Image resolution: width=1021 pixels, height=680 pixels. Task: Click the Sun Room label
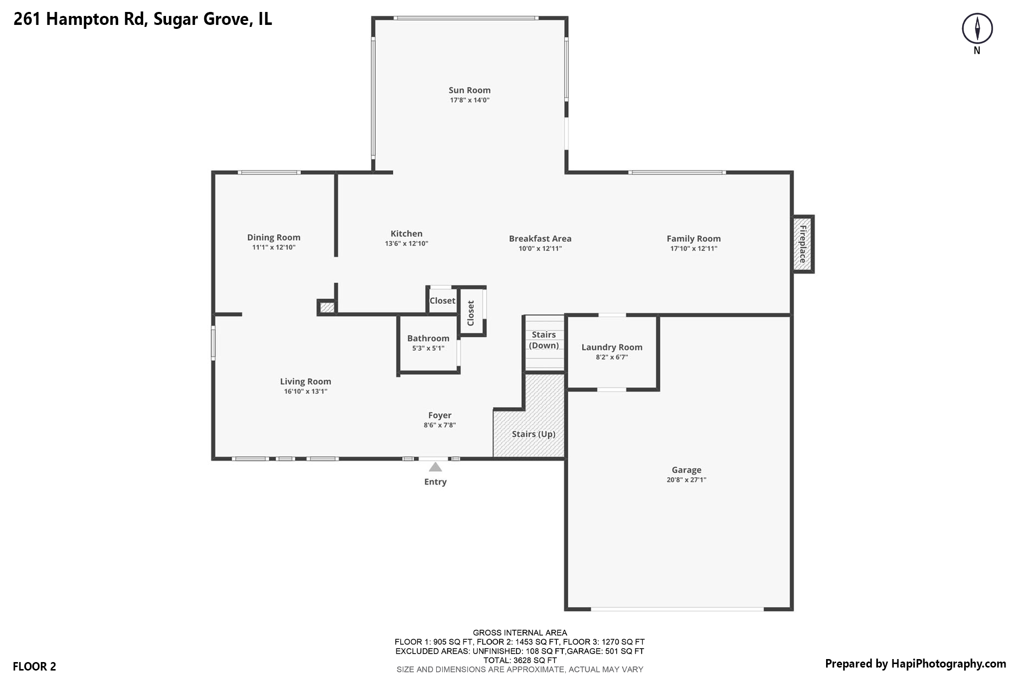tap(469, 90)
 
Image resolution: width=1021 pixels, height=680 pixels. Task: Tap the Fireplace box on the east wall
tap(803, 244)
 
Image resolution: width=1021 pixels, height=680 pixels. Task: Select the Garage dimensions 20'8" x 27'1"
tap(686, 480)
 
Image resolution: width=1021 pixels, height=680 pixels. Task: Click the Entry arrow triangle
tap(435, 467)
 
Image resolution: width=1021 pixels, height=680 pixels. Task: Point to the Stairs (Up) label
tap(533, 434)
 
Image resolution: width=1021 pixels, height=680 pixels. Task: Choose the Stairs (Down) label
tap(543, 340)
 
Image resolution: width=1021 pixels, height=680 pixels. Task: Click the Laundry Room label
tap(612, 347)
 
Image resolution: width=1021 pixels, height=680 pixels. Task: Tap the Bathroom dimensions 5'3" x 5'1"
tap(428, 348)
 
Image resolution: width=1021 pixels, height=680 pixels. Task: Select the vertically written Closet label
tap(471, 313)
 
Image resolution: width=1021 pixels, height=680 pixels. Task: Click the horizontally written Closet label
tap(442, 300)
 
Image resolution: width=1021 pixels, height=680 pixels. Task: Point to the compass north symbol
tap(977, 28)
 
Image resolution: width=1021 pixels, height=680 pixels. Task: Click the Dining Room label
tap(274, 238)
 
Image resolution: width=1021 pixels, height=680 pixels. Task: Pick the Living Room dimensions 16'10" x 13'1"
tap(305, 392)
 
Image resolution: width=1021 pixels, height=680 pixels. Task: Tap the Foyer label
tap(440, 415)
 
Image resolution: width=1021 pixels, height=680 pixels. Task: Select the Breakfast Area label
tap(540, 239)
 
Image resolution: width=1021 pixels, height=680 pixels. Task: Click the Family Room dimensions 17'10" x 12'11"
tap(693, 249)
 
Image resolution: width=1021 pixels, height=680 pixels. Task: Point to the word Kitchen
tap(406, 234)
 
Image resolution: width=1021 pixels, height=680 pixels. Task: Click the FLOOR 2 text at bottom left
tap(34, 666)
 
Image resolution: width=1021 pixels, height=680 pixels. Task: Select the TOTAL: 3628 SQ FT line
tap(519, 660)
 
